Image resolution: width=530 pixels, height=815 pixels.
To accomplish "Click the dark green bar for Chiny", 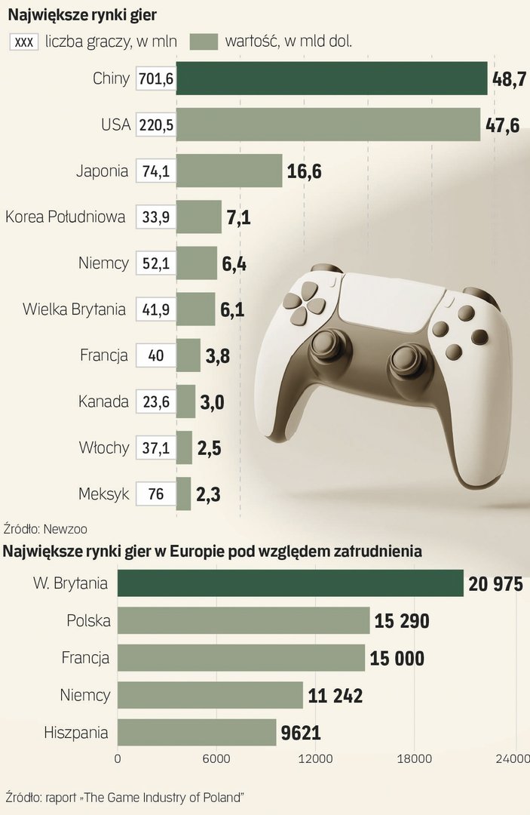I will tap(332, 78).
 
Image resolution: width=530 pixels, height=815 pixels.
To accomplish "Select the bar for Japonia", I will tap(229, 171).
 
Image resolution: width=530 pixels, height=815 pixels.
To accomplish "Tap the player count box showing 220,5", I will tap(156, 125).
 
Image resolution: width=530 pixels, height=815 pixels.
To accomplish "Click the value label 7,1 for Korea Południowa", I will tap(238, 219).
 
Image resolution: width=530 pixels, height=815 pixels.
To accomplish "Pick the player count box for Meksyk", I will tap(156, 495).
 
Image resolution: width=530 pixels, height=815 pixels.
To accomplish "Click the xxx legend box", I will tap(24, 42).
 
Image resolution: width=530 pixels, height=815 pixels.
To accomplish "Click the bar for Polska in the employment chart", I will tap(244, 621).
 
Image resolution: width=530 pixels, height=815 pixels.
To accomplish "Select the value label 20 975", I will tap(495, 584).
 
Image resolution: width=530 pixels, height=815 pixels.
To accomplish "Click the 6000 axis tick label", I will tap(216, 759).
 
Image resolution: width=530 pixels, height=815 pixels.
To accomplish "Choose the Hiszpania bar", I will tap(197, 732).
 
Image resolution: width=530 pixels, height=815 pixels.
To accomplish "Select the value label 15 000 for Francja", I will tap(397, 658).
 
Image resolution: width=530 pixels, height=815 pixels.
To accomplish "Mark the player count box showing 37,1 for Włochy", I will tap(156, 448).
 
